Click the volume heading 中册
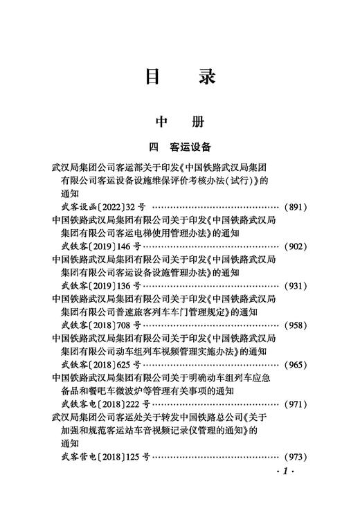click(179, 123)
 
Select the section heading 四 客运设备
click(179, 147)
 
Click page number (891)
click(296, 207)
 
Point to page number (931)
click(296, 285)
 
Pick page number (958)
click(296, 325)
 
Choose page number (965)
click(296, 363)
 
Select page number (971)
click(296, 403)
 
